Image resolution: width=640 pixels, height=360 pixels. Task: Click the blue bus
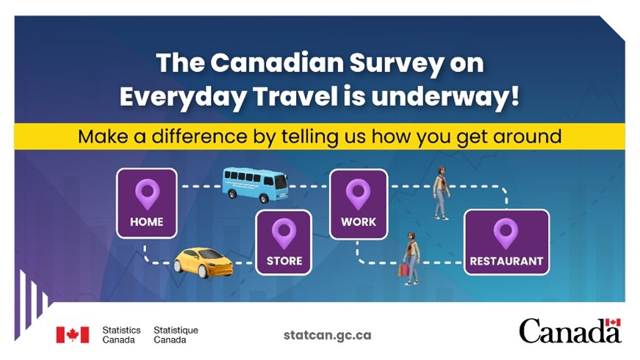click(255, 184)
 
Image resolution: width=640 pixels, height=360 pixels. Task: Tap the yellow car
click(204, 262)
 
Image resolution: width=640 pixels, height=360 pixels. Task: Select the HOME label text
click(146, 222)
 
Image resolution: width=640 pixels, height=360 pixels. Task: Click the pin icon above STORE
click(284, 233)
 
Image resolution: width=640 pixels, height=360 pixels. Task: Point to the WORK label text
click(359, 222)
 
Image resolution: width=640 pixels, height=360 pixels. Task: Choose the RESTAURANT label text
click(506, 261)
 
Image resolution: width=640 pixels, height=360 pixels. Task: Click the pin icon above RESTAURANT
click(506, 234)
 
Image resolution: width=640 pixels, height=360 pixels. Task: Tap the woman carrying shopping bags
click(410, 259)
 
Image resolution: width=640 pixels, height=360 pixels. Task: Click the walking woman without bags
click(441, 192)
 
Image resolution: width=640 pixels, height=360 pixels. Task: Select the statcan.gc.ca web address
click(327, 335)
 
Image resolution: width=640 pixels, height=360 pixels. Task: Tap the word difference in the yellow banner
click(200, 136)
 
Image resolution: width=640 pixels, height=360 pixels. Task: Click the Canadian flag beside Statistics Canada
click(73, 335)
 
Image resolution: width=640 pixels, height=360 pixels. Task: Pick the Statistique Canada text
click(176, 335)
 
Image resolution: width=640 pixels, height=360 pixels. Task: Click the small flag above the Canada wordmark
click(613, 323)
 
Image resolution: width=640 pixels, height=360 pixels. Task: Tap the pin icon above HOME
click(148, 194)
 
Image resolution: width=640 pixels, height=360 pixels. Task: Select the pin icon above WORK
click(358, 194)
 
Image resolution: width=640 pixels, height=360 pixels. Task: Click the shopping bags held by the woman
click(403, 270)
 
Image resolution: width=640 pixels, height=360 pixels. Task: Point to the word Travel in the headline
click(295, 97)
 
